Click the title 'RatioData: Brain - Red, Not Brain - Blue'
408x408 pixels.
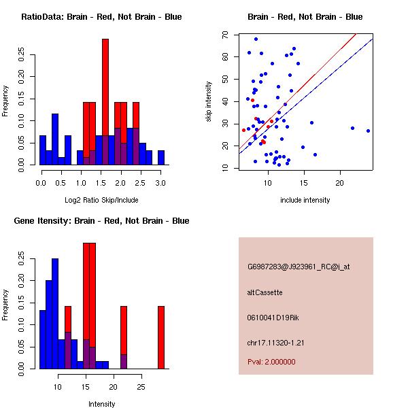click(101, 17)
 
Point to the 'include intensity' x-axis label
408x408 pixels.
click(305, 200)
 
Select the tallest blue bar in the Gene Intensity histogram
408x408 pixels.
click(55, 313)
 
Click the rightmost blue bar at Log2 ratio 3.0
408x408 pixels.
click(161, 158)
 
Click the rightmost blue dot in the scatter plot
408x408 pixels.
click(368, 131)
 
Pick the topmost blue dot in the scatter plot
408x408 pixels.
click(256, 39)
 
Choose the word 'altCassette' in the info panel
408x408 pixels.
click(265, 292)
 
